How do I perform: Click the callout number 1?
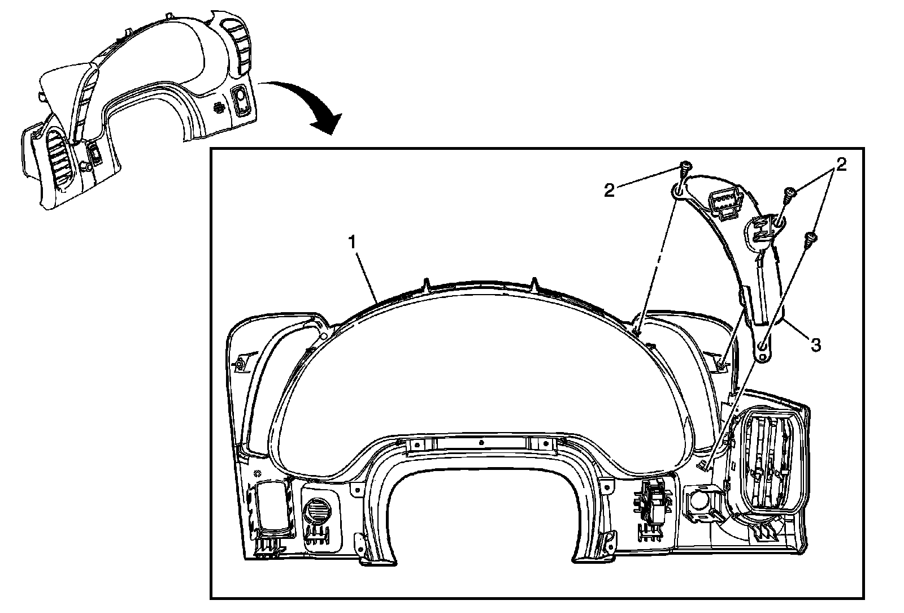[x=352, y=243]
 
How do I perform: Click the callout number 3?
[x=815, y=344]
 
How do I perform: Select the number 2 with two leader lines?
[x=841, y=165]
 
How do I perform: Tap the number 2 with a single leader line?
[x=609, y=190]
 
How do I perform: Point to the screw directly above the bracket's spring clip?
[x=789, y=195]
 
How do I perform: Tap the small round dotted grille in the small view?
[x=220, y=106]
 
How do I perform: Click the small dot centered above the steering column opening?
[x=480, y=442]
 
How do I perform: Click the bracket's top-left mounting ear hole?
[x=678, y=192]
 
